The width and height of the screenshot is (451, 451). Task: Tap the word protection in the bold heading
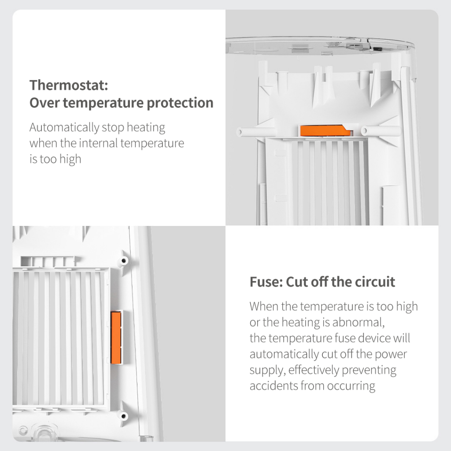pyautogui.click(x=180, y=104)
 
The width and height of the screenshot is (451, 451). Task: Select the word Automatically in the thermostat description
pyautogui.click(x=64, y=127)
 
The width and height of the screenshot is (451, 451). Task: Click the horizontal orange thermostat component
pyautogui.click(x=325, y=131)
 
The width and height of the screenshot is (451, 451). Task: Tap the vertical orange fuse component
pyautogui.click(x=116, y=338)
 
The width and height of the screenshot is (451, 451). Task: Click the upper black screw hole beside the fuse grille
pyautogui.click(x=124, y=261)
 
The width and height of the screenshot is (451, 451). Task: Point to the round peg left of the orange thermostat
pyautogui.click(x=240, y=132)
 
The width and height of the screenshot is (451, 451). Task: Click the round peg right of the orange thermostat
pyautogui.click(x=364, y=131)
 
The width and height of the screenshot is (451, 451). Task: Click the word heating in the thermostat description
pyautogui.click(x=146, y=128)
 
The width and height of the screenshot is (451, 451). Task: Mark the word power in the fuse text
pyautogui.click(x=391, y=355)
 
